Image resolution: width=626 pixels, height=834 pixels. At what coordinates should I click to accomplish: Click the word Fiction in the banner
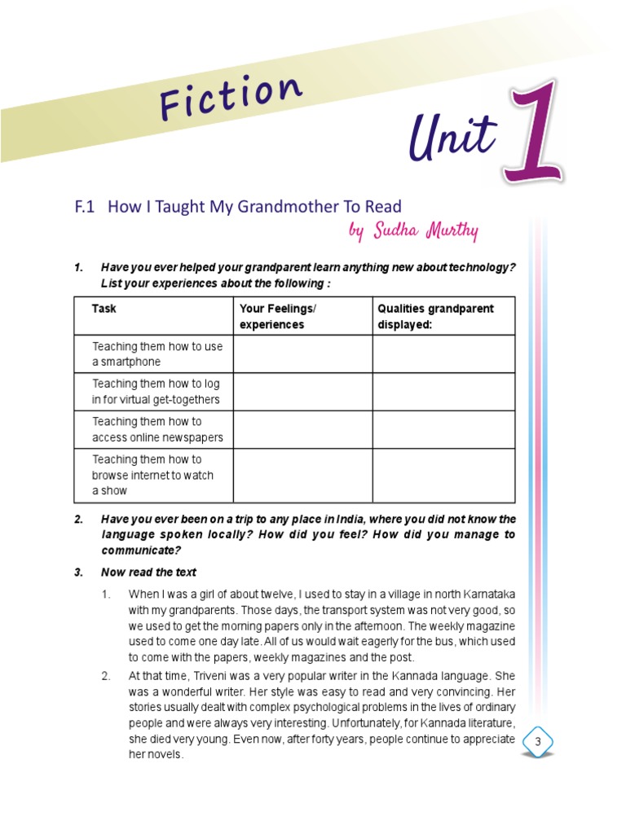click(231, 95)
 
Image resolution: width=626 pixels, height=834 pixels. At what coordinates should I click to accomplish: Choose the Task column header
click(104, 309)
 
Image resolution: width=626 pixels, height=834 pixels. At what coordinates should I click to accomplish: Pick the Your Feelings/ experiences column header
click(277, 316)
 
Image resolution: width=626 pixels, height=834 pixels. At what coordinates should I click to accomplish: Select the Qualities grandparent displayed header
click(435, 316)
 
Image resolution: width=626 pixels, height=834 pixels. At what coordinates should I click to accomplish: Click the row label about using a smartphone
click(156, 354)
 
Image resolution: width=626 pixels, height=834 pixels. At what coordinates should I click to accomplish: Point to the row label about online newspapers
click(156, 429)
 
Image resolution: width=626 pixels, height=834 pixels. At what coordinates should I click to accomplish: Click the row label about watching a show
click(153, 475)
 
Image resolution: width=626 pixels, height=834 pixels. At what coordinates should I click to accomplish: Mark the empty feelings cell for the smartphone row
click(302, 354)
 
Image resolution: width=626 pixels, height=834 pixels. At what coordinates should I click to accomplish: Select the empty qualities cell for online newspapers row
click(443, 429)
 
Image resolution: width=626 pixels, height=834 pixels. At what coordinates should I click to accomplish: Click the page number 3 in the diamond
click(537, 742)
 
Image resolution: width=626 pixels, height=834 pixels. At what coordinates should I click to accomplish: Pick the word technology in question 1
click(478, 267)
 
